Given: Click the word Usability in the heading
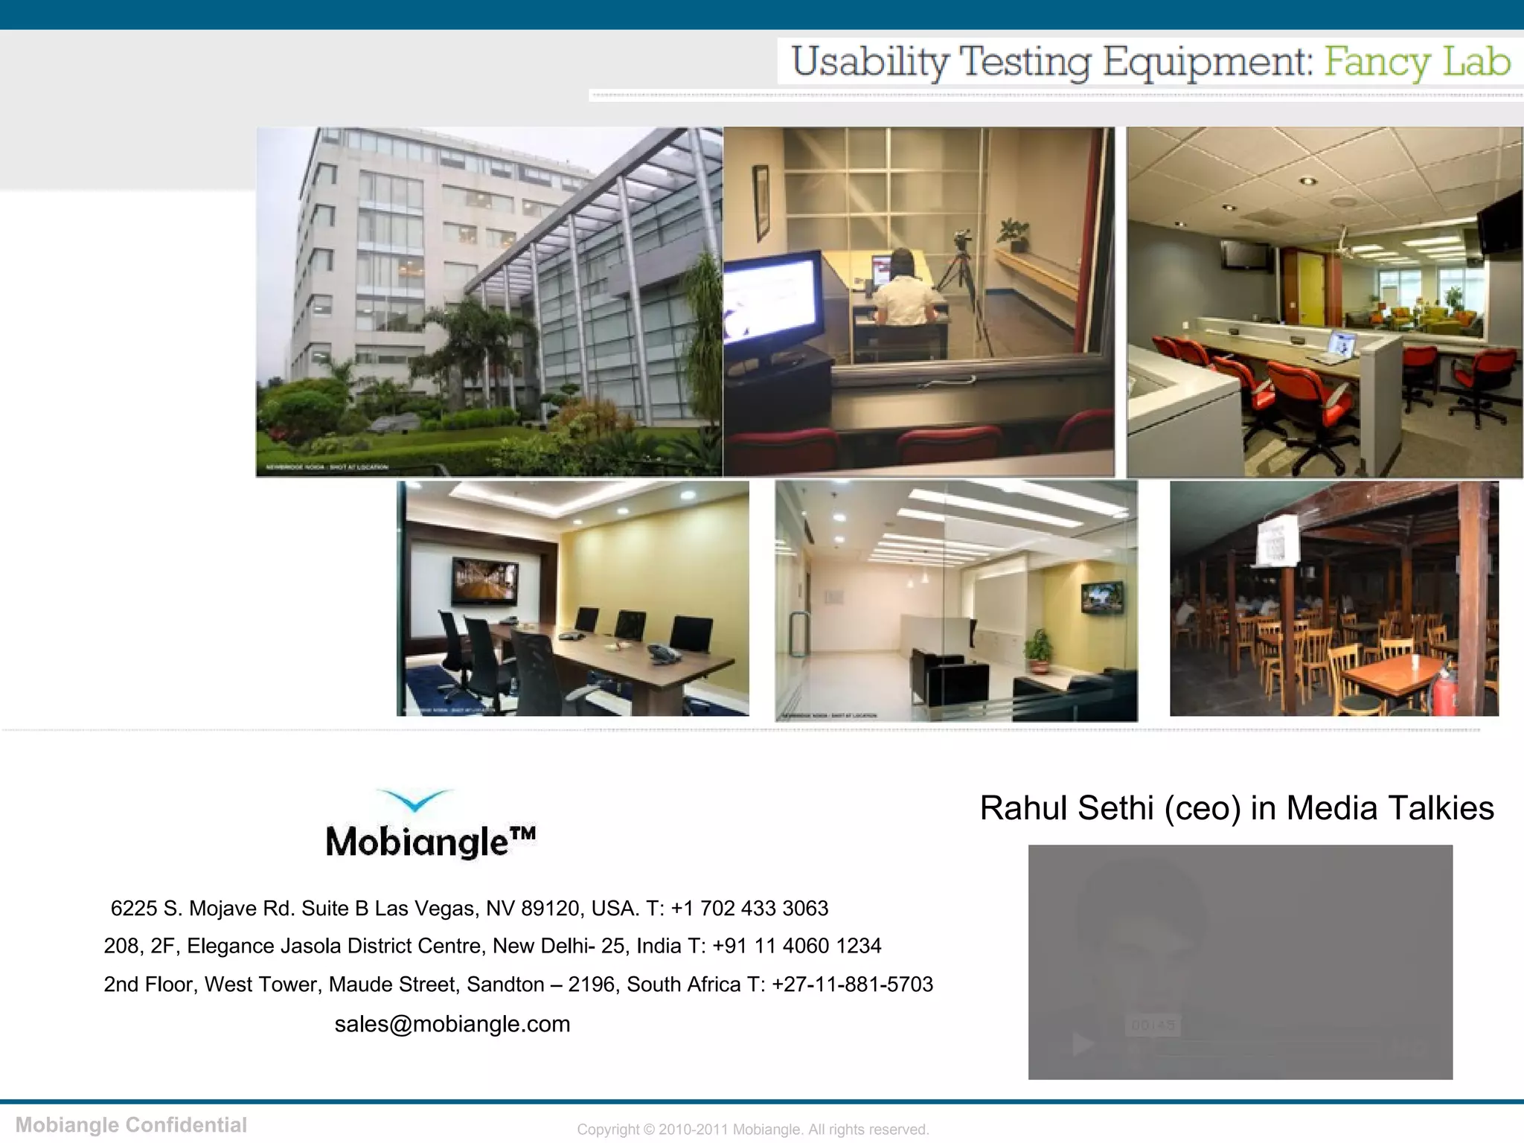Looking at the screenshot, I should tap(870, 61).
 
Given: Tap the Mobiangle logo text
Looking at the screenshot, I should tap(430, 842).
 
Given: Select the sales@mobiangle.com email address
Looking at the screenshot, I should tap(452, 1024).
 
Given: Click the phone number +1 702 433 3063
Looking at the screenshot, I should tap(749, 908).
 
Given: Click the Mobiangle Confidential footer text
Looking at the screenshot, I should tap(131, 1124).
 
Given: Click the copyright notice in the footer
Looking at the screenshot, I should tap(752, 1129).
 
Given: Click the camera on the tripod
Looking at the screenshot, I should tap(963, 240).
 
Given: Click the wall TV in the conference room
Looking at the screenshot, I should tap(484, 581).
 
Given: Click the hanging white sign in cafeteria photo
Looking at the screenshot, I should tap(1275, 542).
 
